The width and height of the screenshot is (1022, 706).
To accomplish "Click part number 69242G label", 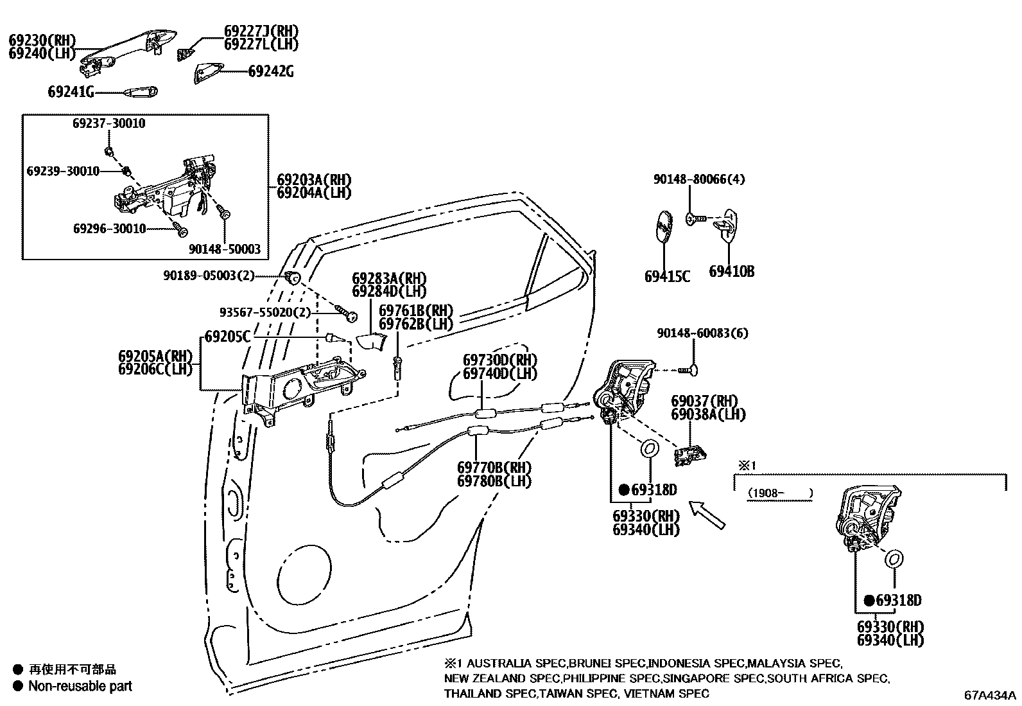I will (x=271, y=71).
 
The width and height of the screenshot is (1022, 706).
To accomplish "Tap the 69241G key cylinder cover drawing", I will (x=138, y=92).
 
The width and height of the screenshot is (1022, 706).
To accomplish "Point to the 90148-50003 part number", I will (x=225, y=249).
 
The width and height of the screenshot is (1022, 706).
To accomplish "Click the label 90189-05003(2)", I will (x=209, y=276).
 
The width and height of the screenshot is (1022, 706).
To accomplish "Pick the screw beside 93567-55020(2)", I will (x=349, y=314).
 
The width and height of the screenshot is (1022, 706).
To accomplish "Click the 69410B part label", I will (x=731, y=272).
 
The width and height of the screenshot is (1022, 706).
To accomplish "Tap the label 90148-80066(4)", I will (x=699, y=180).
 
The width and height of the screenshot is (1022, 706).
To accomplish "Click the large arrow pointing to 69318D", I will (x=707, y=516).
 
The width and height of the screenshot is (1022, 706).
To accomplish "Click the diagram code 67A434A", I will (x=989, y=695).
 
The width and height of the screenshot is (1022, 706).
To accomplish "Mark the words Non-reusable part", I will (x=80, y=686).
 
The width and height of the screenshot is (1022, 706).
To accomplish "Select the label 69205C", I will (x=227, y=336).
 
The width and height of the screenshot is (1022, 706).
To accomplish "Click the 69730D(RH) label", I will (x=500, y=360).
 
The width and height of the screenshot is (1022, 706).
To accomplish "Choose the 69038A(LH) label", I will (x=708, y=415).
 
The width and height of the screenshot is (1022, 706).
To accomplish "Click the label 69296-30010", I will (x=109, y=229).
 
